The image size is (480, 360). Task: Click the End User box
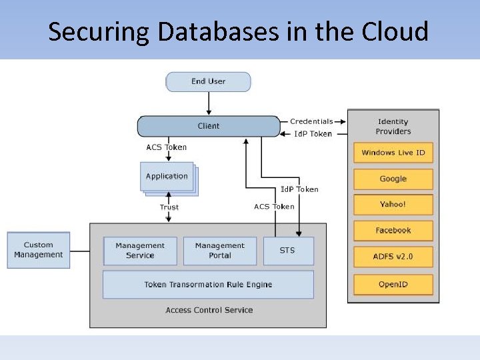pos(208,82)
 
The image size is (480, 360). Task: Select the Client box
pos(209,126)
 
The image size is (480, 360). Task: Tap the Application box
pos(167,177)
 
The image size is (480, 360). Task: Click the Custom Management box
pos(39,250)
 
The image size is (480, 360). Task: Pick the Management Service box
pos(140,251)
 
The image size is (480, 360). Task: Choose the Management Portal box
pos(220,251)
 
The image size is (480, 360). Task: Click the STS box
pos(288,251)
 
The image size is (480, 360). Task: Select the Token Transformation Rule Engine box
pos(208,285)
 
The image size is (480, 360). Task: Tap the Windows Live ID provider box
pos(393,153)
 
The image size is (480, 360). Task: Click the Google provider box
pos(393,179)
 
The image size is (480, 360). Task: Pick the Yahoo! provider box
pos(393,205)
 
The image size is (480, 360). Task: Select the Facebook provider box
pos(393,231)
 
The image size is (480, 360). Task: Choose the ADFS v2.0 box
pos(393,257)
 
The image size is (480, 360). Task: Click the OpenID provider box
pos(393,285)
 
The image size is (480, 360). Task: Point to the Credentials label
pos(311,121)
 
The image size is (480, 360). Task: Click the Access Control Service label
pos(209,310)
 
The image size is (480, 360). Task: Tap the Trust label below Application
pos(169,207)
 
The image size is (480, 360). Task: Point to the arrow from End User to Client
pos(209,103)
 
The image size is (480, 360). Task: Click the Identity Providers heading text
pos(393,126)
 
